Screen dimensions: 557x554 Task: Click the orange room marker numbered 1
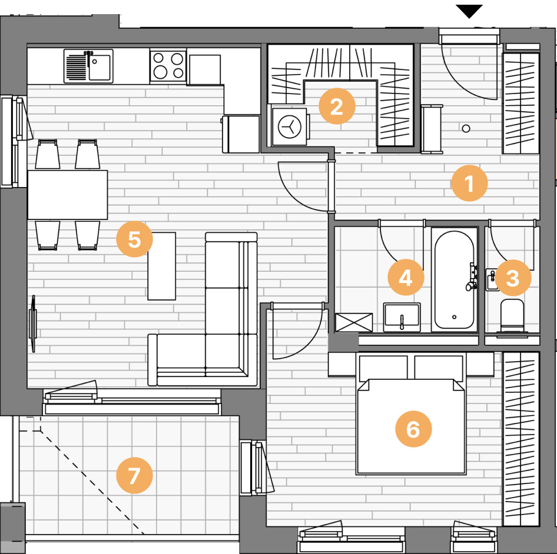pos(469,183)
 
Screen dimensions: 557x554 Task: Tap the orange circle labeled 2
pos(337,106)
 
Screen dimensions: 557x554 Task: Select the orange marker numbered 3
pos(513,278)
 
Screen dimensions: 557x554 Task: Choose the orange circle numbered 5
pos(134,239)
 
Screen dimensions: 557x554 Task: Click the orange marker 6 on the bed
pos(413,429)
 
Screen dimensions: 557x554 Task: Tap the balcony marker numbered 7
pos(134,475)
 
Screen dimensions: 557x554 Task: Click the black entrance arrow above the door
pos(469,11)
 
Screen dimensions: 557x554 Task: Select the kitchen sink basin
pos(100,66)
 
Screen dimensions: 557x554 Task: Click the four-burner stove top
pos(168,66)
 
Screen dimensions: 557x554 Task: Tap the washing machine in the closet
pos(290,126)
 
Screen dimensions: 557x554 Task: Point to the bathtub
pos(454,280)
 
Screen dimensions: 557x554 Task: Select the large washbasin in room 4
pos(402,317)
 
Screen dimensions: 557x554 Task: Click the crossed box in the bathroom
pos(354,322)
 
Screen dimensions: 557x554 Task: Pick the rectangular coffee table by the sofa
pos(162,266)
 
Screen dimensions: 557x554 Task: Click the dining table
pos(68,195)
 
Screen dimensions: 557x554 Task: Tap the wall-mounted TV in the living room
pos(33,323)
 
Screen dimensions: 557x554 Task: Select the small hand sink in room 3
pos(492,280)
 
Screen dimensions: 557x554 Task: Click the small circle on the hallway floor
pos(466,128)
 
